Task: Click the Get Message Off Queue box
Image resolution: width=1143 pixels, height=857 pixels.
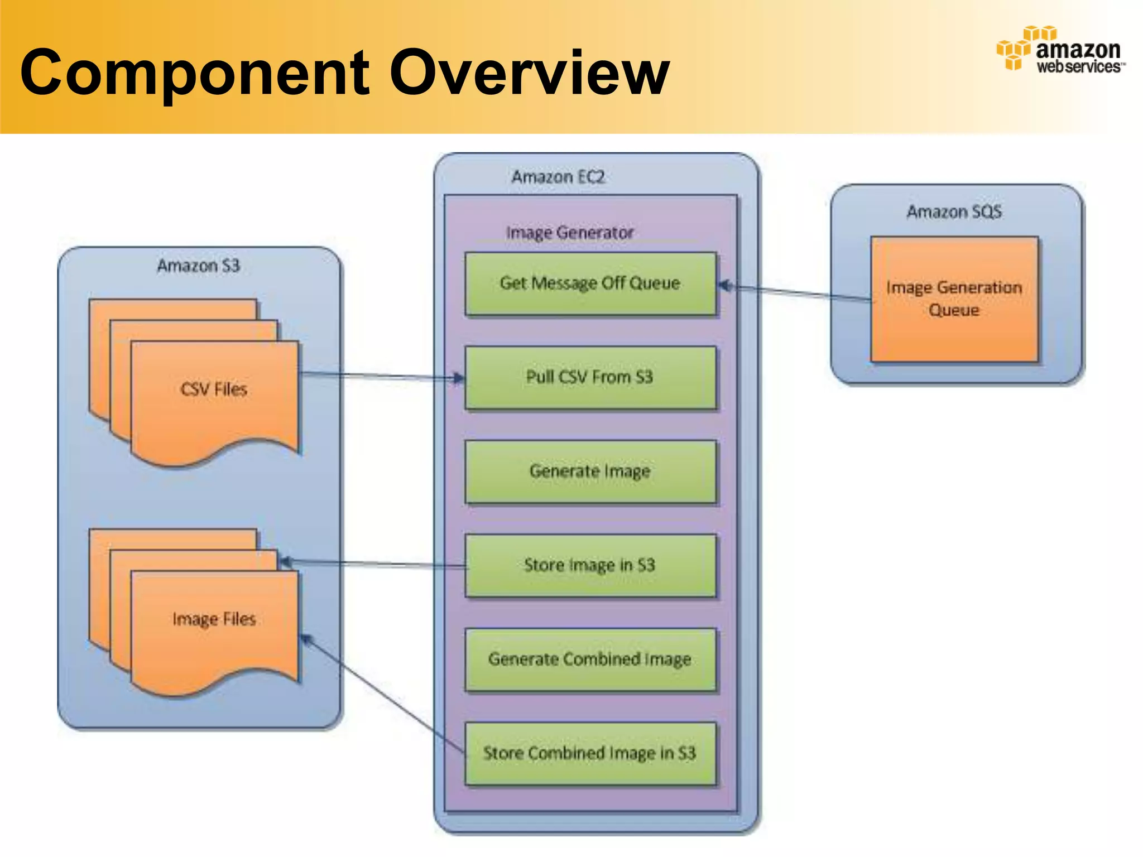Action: [x=590, y=284]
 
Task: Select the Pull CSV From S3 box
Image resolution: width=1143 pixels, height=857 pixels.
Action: [x=590, y=378]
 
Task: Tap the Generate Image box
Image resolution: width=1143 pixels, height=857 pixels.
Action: [x=590, y=471]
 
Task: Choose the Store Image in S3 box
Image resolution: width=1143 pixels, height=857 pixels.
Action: [x=590, y=565]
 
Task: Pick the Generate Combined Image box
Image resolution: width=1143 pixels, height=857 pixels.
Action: [x=590, y=659]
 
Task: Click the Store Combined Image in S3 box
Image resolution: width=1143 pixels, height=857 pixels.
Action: [x=590, y=753]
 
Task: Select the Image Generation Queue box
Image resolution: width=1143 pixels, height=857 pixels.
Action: [x=954, y=299]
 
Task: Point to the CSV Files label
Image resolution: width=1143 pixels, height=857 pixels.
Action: [x=214, y=389]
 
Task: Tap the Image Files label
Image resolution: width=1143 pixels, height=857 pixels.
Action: [x=214, y=619]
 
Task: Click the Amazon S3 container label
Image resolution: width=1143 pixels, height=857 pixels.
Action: [x=198, y=266]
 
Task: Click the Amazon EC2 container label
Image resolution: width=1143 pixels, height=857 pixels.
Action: [x=558, y=177]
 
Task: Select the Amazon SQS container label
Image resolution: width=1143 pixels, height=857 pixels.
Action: [x=954, y=212]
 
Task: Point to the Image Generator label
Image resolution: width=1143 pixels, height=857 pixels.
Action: [x=570, y=233]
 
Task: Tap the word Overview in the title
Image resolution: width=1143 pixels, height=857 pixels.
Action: [x=529, y=73]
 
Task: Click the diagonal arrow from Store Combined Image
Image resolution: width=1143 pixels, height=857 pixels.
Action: [x=385, y=695]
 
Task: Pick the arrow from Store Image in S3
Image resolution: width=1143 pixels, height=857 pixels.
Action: [x=374, y=564]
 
